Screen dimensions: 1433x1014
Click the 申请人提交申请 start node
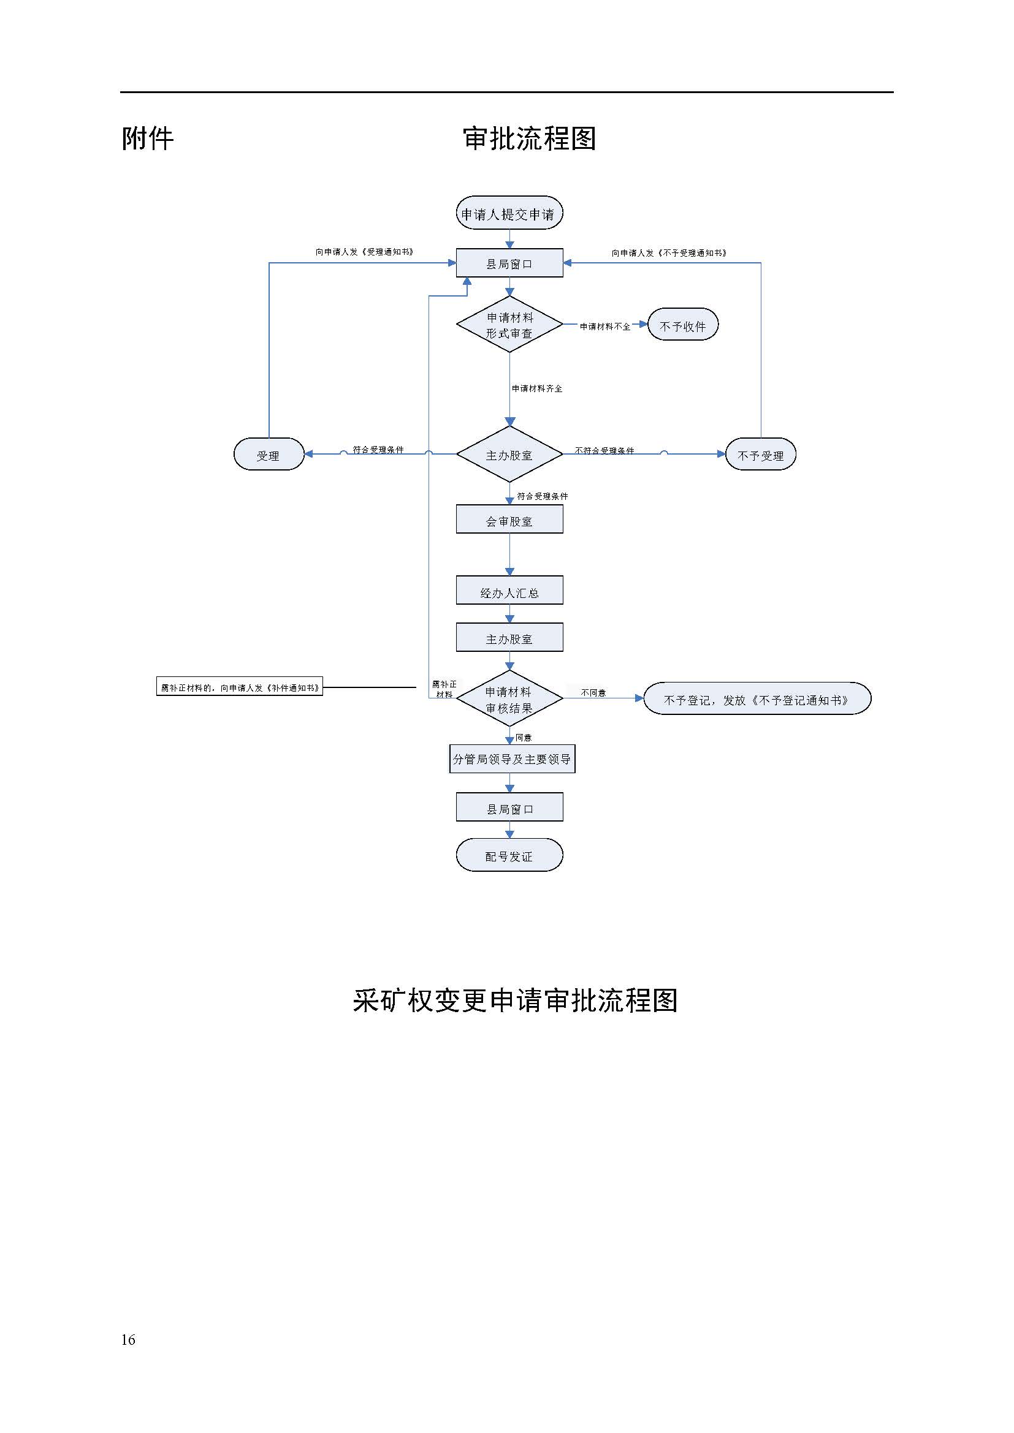click(x=509, y=213)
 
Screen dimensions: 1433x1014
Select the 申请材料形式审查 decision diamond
click(x=509, y=325)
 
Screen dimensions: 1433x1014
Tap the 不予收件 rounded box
click(x=682, y=325)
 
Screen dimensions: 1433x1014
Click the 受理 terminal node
click(x=269, y=455)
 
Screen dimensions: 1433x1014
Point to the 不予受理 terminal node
click(x=760, y=455)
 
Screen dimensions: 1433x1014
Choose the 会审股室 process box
click(x=509, y=520)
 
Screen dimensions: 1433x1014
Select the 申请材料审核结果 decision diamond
click(x=509, y=699)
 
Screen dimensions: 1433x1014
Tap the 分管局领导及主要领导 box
click(x=512, y=759)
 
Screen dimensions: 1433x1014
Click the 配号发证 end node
click(x=509, y=856)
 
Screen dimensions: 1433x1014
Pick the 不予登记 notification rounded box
click(x=756, y=699)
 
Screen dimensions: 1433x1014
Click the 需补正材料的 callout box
click(x=240, y=687)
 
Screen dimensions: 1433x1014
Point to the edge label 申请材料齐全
click(x=537, y=388)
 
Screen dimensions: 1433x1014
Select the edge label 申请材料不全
click(x=604, y=327)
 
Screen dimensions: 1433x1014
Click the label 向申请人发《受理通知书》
click(x=364, y=252)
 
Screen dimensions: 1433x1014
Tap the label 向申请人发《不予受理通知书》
click(x=669, y=253)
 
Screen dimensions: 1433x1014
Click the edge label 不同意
click(x=593, y=693)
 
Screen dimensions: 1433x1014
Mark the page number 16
click(x=128, y=1339)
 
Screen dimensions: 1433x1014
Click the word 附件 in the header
click(x=147, y=138)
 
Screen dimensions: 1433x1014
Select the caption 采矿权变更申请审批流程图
click(x=515, y=1001)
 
